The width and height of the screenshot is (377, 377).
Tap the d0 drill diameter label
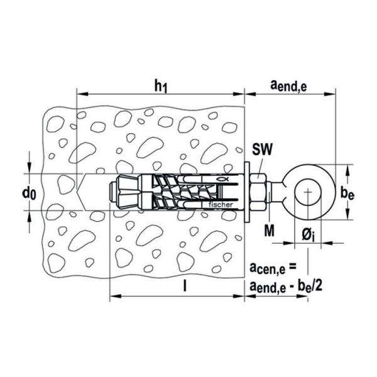29,193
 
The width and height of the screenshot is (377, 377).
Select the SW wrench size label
262,149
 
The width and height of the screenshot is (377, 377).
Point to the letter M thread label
269,231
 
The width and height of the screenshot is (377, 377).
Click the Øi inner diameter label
309,234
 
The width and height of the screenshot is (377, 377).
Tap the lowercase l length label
185,286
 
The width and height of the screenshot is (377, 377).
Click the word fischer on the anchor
221,205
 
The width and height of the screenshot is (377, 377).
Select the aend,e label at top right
288,86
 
